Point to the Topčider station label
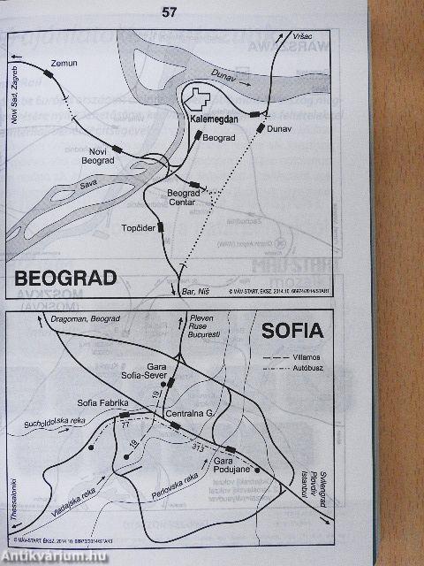click(138, 231)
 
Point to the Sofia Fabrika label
click(103, 403)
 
